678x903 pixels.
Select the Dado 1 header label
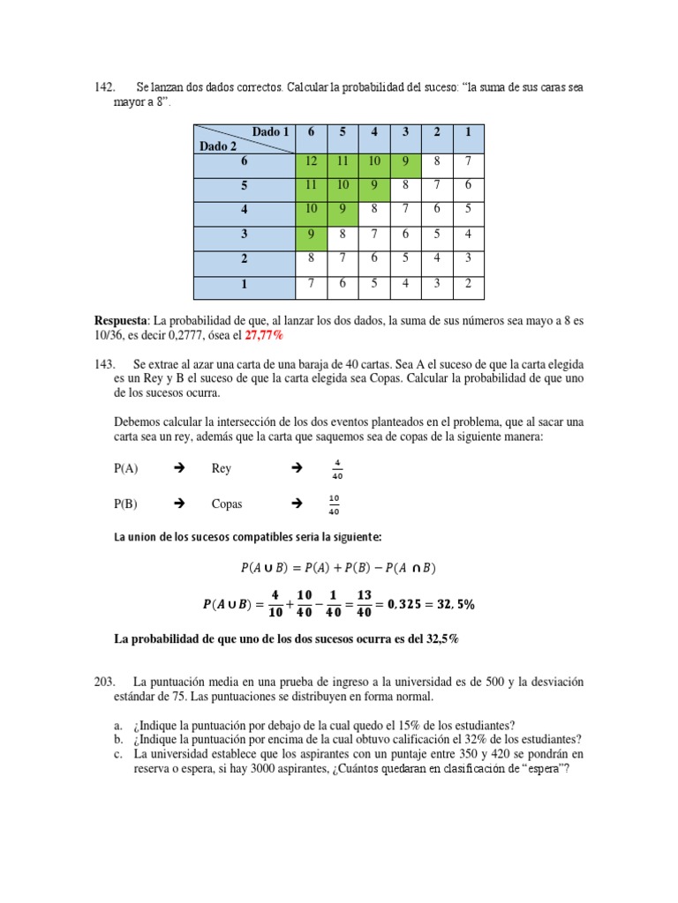point(270,132)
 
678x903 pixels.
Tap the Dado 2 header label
point(218,146)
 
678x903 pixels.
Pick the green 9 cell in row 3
point(311,235)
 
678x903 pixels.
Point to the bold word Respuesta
point(122,318)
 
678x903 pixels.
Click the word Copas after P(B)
point(227,504)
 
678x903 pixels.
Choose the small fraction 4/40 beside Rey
point(337,468)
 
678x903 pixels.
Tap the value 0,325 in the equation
point(402,604)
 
